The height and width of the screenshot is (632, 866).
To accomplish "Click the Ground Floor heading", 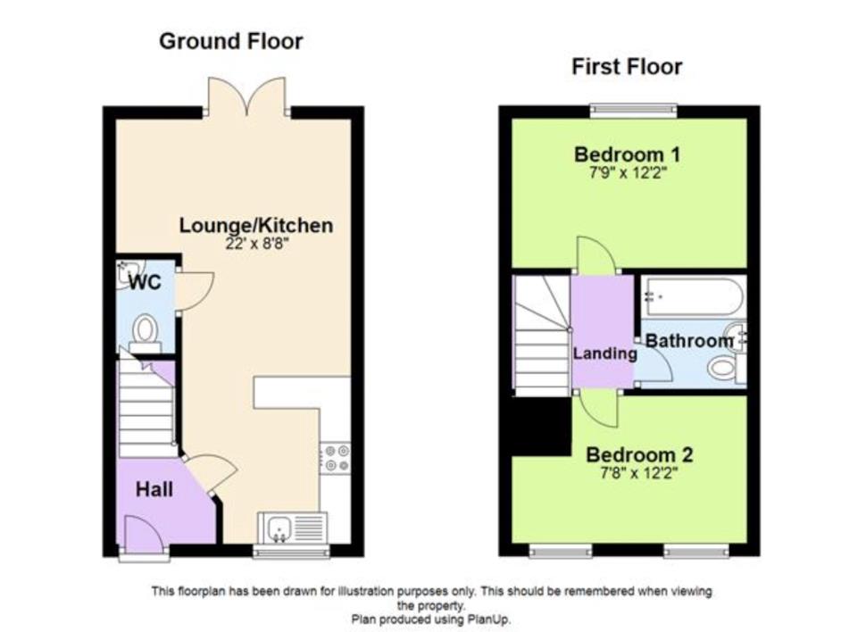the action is coord(231,41).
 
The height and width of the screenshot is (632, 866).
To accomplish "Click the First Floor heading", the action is coord(627,67).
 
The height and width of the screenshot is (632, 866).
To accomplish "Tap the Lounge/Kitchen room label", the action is coord(256,226).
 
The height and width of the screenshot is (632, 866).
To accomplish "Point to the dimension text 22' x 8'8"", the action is coord(257,244).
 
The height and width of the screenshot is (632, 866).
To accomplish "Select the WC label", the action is coord(146,282).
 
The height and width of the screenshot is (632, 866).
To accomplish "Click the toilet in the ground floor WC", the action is coord(146,334).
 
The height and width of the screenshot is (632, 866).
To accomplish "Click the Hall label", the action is coord(154,489).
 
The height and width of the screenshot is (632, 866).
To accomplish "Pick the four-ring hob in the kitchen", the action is coord(337,457).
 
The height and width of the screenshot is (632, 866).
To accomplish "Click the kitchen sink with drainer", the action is coord(293,528).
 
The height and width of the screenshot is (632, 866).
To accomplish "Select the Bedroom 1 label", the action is coord(628,154).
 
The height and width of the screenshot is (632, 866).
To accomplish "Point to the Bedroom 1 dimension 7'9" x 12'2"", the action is coord(628,173).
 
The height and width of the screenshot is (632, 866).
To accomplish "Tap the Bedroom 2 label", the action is coord(639,454).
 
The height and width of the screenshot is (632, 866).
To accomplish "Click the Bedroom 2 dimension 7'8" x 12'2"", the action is coord(639,473).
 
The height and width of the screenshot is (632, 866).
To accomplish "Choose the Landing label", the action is coord(604,353).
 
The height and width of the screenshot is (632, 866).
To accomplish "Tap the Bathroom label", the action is coord(688,341).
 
